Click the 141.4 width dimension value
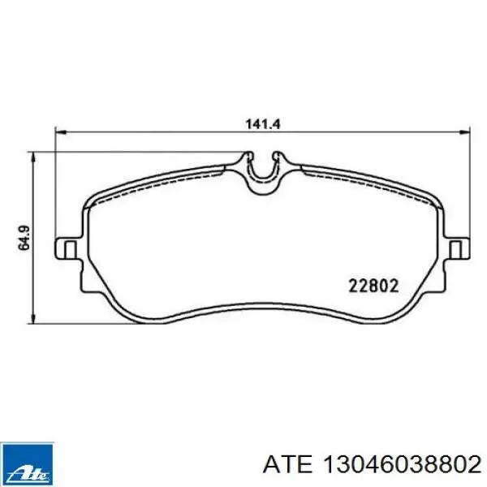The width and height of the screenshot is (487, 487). click(x=263, y=124)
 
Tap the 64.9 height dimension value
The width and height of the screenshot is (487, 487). click(x=24, y=237)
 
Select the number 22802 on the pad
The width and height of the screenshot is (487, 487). click(x=373, y=286)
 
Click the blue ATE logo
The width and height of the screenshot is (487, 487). click(x=27, y=464)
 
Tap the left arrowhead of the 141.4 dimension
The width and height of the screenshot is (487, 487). click(x=60, y=132)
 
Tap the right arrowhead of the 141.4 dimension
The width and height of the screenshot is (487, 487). click(x=464, y=132)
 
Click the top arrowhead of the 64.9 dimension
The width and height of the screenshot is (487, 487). click(x=33, y=157)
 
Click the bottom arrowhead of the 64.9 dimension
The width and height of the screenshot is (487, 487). click(x=33, y=318)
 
